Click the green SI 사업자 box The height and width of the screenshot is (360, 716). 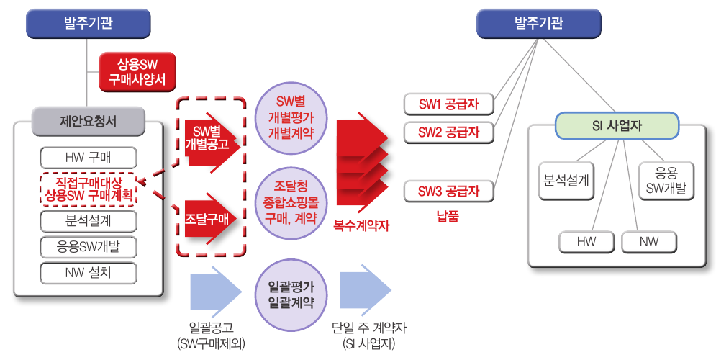(616, 125)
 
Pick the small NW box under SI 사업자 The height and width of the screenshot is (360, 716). (648, 243)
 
